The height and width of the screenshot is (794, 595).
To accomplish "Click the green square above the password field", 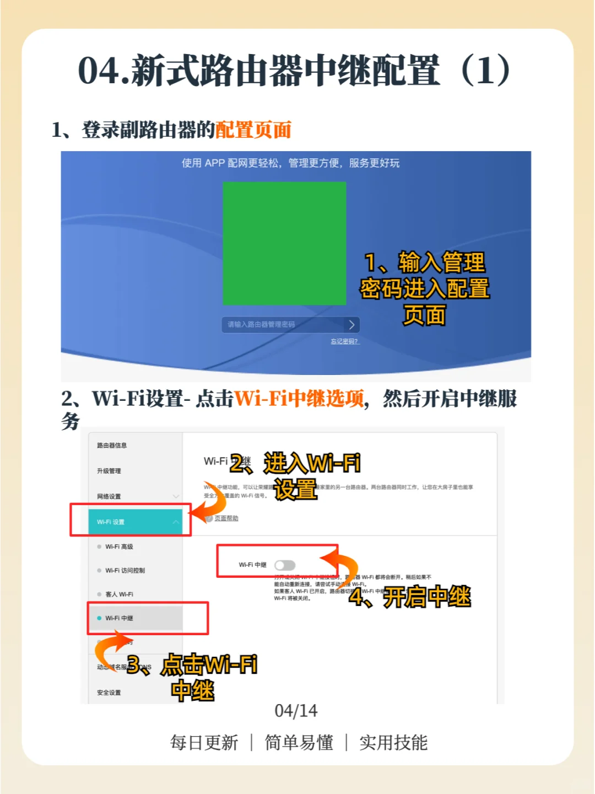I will coord(284,243).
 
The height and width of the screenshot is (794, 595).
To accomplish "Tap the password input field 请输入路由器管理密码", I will coord(281,324).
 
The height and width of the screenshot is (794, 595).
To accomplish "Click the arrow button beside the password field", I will coord(352,325).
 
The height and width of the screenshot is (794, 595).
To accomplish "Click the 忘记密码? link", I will coord(345,342).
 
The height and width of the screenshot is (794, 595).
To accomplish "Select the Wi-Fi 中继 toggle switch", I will coord(285,565).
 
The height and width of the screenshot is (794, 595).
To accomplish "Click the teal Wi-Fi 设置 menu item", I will coord(135,522).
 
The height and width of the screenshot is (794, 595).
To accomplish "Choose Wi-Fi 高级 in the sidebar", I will coord(120,546).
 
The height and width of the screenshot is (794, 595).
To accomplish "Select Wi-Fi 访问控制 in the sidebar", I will coord(125,571).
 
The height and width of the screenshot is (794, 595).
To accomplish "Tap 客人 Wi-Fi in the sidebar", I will coord(119,594).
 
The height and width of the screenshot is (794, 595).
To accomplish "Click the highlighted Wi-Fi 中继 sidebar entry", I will coord(120,618).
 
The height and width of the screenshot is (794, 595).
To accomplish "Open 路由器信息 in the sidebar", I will coord(112,446).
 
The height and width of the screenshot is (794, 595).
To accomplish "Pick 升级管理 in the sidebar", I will coord(109,471).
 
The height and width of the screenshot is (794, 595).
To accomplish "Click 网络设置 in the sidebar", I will coord(109,496).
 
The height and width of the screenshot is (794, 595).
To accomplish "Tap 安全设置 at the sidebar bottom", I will coord(109,693).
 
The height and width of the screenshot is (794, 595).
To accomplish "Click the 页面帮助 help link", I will coord(226,518).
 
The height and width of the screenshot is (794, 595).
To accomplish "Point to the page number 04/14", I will coord(296,711).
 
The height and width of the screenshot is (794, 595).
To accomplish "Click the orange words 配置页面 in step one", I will coord(253,130).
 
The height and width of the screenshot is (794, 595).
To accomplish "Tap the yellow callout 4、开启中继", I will coord(410,597).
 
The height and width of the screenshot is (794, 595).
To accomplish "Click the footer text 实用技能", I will coord(393,743).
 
